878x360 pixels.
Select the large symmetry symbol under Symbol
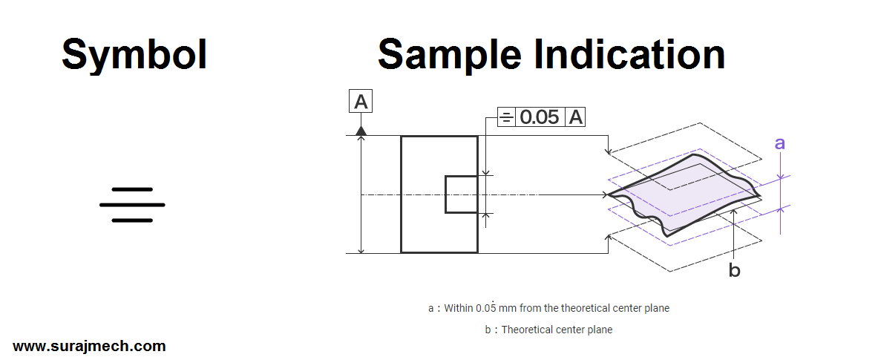pos(132,205)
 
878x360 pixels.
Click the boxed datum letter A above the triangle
pos(361,102)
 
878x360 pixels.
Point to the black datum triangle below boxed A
pos(361,131)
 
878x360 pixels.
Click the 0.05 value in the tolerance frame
pos(540,117)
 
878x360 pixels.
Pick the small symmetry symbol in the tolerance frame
pos(505,117)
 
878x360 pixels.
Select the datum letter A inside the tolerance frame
pos(576,117)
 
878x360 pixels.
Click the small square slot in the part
pos(461,194)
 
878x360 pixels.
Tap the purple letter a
pos(779,143)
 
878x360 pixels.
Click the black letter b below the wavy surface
pos(734,271)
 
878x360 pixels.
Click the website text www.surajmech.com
pos(89,346)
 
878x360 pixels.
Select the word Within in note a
pos(458,307)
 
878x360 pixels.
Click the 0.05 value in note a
pos(486,307)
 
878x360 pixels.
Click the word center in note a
pos(626,307)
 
